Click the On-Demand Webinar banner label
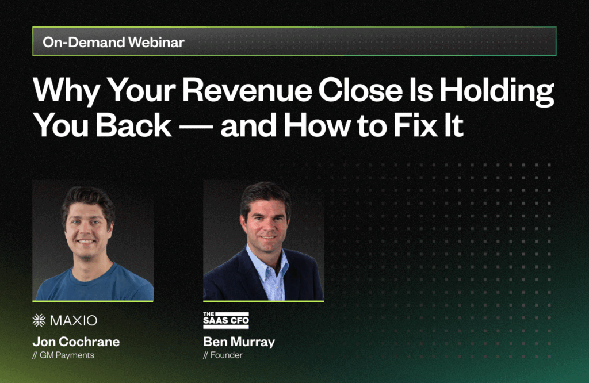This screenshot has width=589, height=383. tap(113, 42)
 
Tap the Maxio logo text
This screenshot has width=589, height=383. tap(72, 320)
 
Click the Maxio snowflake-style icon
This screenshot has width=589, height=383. tap(39, 320)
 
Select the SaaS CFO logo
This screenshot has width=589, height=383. tap(226, 320)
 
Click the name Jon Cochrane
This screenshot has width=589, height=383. tap(76, 342)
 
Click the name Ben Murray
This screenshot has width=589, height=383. tap(239, 342)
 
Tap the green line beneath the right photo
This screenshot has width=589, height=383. tap(263, 301)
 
